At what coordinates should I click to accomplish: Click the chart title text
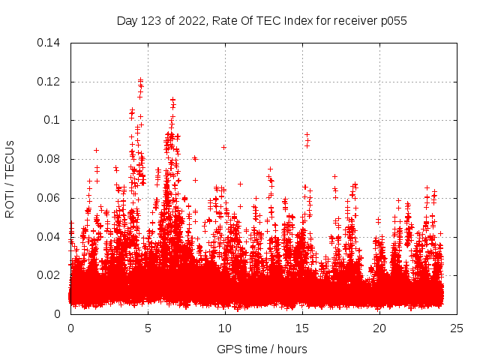coord(262,20)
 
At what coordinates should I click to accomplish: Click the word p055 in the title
coord(392,20)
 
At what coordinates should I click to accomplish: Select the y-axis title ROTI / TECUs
coord(10,178)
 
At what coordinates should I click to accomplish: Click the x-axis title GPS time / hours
coord(262,349)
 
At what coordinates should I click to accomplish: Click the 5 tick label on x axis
coord(148,328)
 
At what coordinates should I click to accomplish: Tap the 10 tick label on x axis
coord(225,328)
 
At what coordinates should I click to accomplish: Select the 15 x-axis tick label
coord(302,328)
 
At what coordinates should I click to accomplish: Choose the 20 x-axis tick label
coord(379,328)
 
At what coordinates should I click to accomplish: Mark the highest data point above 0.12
coord(140,79)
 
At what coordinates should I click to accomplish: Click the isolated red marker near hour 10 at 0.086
coord(223,147)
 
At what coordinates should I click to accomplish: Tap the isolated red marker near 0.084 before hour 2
coord(96,150)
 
